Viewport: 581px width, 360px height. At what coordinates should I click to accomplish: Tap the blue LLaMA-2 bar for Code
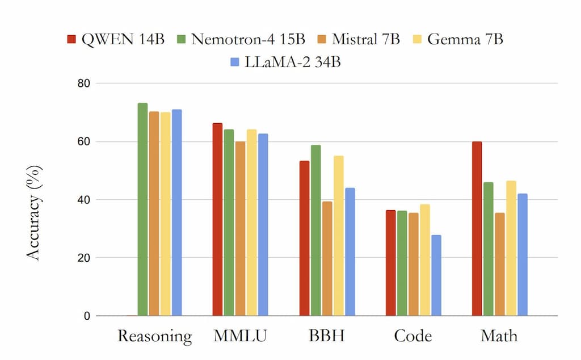(436, 275)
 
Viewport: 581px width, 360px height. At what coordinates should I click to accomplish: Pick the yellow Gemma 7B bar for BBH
(339, 236)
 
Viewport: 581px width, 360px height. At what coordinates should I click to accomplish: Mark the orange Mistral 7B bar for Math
(499, 264)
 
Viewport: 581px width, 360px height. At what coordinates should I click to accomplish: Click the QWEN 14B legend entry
(116, 39)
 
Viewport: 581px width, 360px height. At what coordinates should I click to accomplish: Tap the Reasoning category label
(154, 336)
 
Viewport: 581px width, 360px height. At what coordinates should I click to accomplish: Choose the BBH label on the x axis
(326, 336)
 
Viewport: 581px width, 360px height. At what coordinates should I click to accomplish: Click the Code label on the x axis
(412, 336)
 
